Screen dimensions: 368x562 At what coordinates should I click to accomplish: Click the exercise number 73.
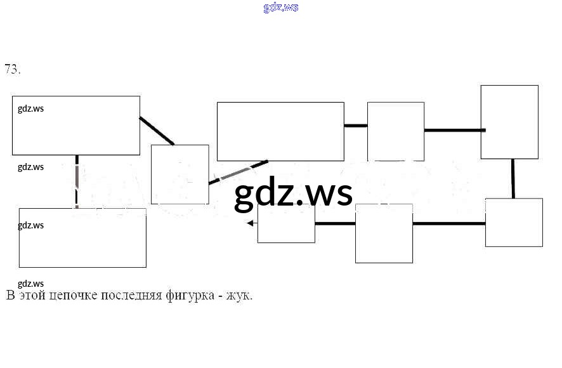click(12, 70)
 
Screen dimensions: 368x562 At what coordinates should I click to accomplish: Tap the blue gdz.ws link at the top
click(280, 8)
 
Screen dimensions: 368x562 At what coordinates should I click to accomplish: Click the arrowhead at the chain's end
click(251, 223)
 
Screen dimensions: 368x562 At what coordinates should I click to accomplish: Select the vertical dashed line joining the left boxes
click(77, 181)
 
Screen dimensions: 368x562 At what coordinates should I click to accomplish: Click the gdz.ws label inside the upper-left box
click(30, 108)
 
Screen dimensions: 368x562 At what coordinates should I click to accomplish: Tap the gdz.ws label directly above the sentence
click(30, 284)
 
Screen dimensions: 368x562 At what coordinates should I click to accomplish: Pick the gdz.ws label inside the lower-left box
click(30, 225)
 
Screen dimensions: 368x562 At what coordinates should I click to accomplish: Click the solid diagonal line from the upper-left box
click(157, 131)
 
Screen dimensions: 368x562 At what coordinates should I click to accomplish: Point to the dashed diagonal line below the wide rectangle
click(238, 172)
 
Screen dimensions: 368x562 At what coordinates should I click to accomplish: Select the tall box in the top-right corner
click(509, 122)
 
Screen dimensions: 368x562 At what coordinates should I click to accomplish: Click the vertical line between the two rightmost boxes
click(513, 178)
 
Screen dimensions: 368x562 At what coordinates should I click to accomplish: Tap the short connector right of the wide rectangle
click(355, 126)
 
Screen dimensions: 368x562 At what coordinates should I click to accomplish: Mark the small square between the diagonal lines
click(180, 174)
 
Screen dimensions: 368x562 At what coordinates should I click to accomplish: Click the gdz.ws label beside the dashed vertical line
click(30, 167)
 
